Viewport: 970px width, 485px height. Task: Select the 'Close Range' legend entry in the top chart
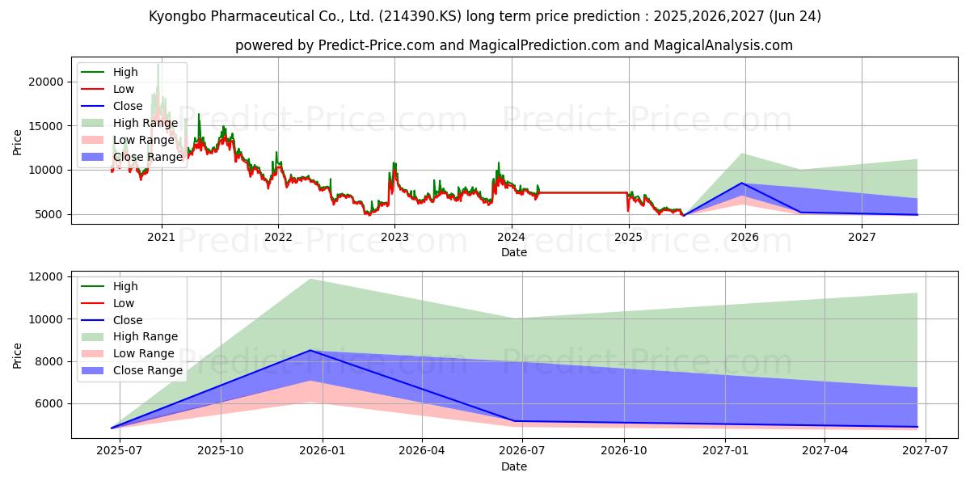(x=148, y=157)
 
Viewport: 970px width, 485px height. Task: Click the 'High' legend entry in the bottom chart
(x=125, y=286)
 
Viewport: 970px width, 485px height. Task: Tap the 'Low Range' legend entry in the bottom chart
(x=143, y=354)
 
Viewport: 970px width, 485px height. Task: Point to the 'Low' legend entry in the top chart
(x=124, y=89)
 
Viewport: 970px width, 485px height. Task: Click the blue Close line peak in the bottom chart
(x=309, y=350)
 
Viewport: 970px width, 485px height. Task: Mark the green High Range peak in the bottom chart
(x=309, y=279)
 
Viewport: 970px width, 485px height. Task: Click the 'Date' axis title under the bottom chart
(x=514, y=466)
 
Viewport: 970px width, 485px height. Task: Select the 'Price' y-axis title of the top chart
(x=18, y=142)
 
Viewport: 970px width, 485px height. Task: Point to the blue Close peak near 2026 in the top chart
(x=742, y=183)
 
